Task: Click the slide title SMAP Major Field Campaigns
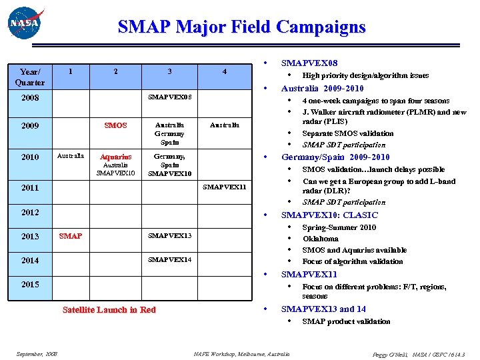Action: coord(241,27)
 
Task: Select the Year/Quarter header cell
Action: coord(31,77)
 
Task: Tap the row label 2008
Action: coord(30,98)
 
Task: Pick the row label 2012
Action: coord(30,212)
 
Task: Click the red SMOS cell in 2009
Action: coord(116,125)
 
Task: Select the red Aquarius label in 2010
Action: coord(116,157)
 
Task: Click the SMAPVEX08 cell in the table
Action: coord(169,97)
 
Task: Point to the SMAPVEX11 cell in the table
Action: coord(225,187)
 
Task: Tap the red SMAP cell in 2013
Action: coord(71,236)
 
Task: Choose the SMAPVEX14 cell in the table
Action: coord(169,259)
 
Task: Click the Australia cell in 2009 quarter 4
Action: coord(225,125)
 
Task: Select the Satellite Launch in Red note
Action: coord(109,309)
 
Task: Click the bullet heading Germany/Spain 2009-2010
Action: coord(335,157)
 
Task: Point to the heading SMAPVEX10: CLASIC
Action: coord(329,215)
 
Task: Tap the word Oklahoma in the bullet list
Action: coord(320,239)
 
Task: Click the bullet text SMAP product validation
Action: coord(346,321)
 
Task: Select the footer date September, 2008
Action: coord(37,354)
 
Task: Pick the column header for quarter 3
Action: coord(169,71)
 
